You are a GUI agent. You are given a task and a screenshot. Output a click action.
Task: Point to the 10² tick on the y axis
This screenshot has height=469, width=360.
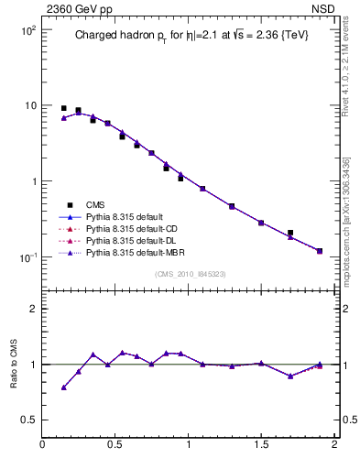(28, 30)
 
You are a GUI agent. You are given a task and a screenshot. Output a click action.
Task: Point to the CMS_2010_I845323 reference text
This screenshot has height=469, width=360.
(189, 273)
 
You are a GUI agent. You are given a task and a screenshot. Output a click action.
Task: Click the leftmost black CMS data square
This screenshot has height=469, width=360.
(64, 108)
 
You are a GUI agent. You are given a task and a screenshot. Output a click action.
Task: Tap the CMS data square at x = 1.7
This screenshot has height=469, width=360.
(290, 233)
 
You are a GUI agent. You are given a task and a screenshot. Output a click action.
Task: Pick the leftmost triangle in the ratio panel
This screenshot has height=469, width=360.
(64, 387)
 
